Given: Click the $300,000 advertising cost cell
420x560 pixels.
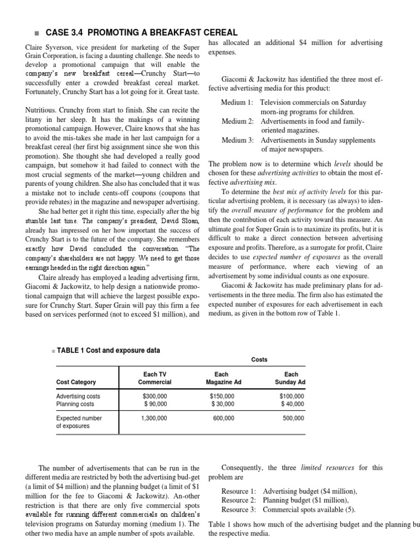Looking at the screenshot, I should coord(155,396).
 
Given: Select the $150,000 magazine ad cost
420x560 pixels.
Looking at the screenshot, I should coord(222,396).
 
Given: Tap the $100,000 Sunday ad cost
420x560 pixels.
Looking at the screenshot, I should coord(291,396).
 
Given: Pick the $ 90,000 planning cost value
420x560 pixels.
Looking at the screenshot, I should coord(155,404).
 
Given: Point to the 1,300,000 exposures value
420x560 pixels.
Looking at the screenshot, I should coord(155,418).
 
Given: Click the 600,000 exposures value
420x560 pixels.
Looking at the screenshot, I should coord(223,418).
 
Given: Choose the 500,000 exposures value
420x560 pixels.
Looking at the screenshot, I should coord(293,418).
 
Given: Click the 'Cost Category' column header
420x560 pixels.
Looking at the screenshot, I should coord(76,382).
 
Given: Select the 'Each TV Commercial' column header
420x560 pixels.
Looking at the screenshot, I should coord(155,378).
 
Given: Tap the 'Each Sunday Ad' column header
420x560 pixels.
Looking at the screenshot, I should coord(290,378).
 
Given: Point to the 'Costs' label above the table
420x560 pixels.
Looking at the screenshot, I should coord(259,359).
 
